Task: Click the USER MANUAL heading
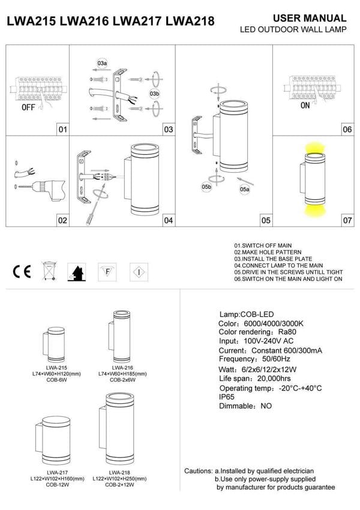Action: (310, 19)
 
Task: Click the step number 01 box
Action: (62, 129)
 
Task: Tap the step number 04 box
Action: (169, 220)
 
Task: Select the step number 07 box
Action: (347, 220)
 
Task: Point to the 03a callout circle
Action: (102, 63)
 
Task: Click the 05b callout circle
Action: (206, 187)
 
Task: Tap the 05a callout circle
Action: (244, 190)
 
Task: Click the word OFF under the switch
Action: (28, 108)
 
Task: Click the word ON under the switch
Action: (305, 105)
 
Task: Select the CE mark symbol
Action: (22, 272)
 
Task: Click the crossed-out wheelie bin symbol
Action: (49, 272)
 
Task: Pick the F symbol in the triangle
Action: (107, 271)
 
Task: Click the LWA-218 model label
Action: (122, 472)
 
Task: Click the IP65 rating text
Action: (227, 397)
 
